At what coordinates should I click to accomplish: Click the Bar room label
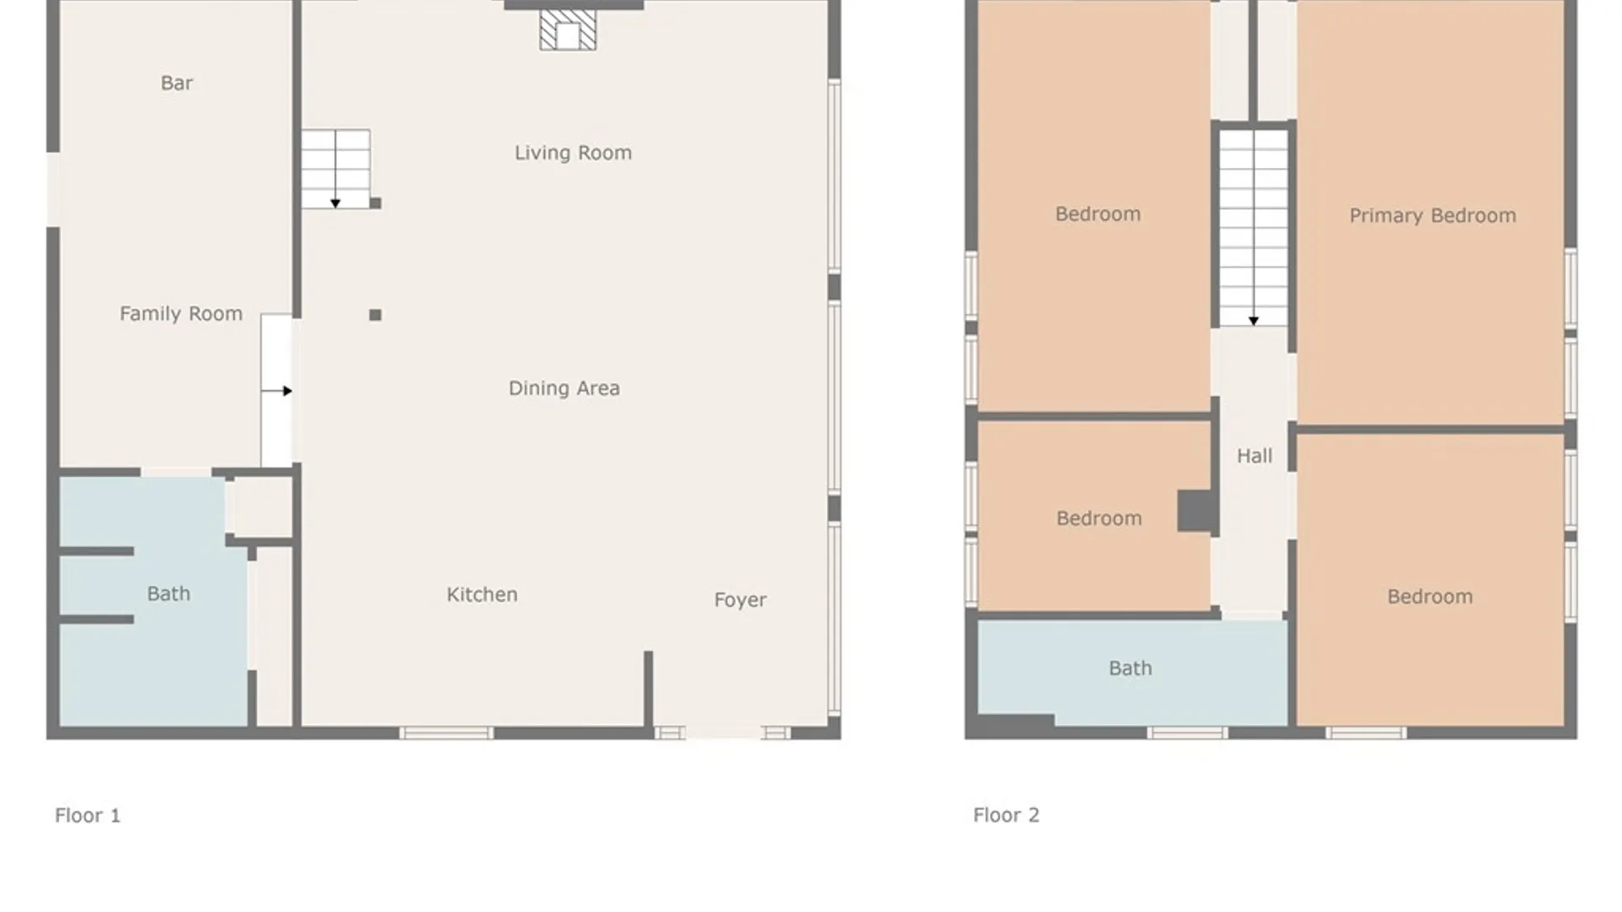click(x=177, y=83)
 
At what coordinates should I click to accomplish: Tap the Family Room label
click(x=181, y=314)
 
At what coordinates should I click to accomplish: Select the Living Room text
click(x=573, y=153)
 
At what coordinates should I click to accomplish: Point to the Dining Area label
click(x=564, y=388)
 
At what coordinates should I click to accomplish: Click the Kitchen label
click(x=482, y=594)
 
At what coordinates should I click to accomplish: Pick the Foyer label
click(x=740, y=600)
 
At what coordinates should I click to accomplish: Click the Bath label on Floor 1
click(x=168, y=594)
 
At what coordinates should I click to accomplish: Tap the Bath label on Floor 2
click(x=1130, y=668)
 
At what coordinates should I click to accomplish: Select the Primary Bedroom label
click(x=1433, y=215)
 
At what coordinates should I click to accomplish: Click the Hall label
click(x=1255, y=456)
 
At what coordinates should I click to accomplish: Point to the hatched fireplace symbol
click(x=568, y=30)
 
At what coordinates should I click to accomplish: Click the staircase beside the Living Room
click(x=335, y=169)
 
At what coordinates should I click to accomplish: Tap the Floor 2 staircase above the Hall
click(x=1254, y=227)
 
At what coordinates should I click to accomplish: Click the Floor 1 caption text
click(x=88, y=815)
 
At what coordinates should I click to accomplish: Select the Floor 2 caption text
click(x=1006, y=815)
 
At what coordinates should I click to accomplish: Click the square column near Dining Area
click(x=375, y=315)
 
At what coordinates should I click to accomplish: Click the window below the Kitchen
click(x=446, y=733)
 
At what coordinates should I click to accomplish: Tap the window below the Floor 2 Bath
click(x=1187, y=733)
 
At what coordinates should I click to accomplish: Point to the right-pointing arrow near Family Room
click(x=277, y=391)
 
